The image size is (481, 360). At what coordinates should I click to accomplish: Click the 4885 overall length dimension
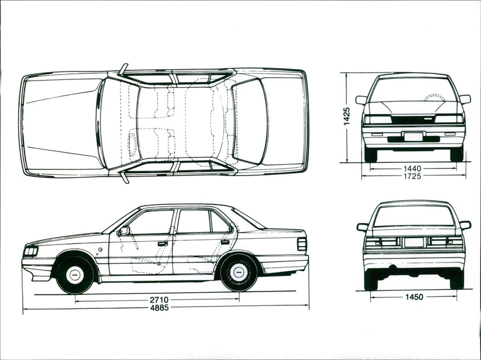point(159,308)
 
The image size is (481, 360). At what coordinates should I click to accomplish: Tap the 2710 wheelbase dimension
point(159,298)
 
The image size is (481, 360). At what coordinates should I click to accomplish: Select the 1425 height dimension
point(347,116)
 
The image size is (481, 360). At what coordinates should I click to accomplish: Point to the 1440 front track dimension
point(412,168)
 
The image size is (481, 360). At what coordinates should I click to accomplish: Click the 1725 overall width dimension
point(412,176)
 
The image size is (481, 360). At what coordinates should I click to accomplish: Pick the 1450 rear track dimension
point(413,297)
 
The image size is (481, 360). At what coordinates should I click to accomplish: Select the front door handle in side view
point(163,243)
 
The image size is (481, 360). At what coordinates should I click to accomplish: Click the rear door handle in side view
point(225,242)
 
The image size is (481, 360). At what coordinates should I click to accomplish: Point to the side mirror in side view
point(124,230)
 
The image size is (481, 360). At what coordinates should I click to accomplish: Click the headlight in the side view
point(31,251)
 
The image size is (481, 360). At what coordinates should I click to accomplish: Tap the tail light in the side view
point(302,244)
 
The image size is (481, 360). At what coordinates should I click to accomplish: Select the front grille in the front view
point(412,120)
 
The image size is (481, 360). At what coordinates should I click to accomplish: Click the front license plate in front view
point(413,137)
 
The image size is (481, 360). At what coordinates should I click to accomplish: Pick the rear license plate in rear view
point(414,242)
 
